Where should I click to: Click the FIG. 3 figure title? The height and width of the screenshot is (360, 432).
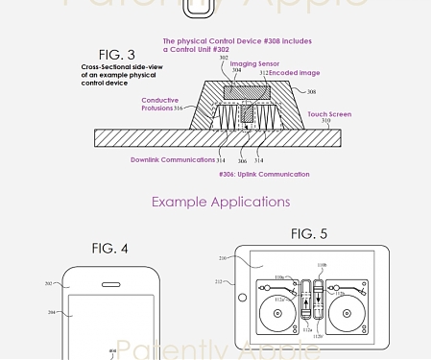click(x=119, y=55)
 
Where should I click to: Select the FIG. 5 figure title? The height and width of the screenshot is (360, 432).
click(x=309, y=234)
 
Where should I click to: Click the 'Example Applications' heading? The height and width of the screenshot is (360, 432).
click(x=220, y=202)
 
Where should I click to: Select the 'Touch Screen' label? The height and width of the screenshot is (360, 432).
click(x=329, y=114)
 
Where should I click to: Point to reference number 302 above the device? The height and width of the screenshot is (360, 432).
click(x=224, y=59)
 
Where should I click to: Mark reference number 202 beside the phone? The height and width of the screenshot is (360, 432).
click(x=49, y=284)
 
